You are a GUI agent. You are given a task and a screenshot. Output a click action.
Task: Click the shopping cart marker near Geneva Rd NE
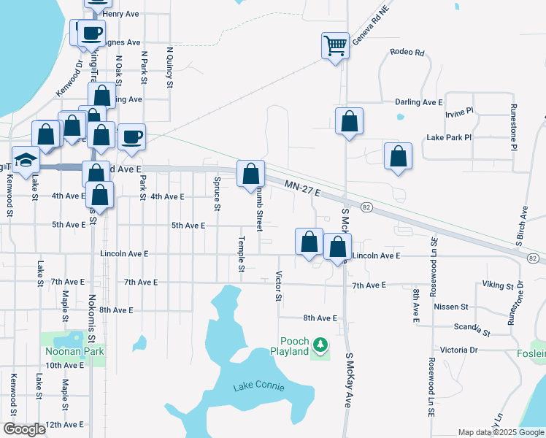click(336, 46)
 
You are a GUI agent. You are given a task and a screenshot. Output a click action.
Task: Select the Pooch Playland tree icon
click(320, 344)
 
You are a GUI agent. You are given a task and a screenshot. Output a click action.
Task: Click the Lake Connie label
click(258, 385)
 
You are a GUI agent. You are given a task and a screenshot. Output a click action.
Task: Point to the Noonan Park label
click(73, 351)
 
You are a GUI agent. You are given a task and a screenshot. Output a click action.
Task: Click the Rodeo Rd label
click(407, 52)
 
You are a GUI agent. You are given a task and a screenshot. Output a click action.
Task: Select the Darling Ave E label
click(419, 102)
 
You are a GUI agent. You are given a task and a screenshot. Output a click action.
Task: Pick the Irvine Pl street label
click(459, 112)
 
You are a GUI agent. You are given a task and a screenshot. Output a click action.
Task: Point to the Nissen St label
click(450, 307)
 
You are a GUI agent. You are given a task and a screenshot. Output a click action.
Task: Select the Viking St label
click(499, 285)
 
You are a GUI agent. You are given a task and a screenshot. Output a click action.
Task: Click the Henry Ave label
click(122, 14)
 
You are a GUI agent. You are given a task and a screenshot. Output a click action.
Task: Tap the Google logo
click(24, 429)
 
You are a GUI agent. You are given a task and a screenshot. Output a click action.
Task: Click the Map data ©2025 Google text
click(500, 432)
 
